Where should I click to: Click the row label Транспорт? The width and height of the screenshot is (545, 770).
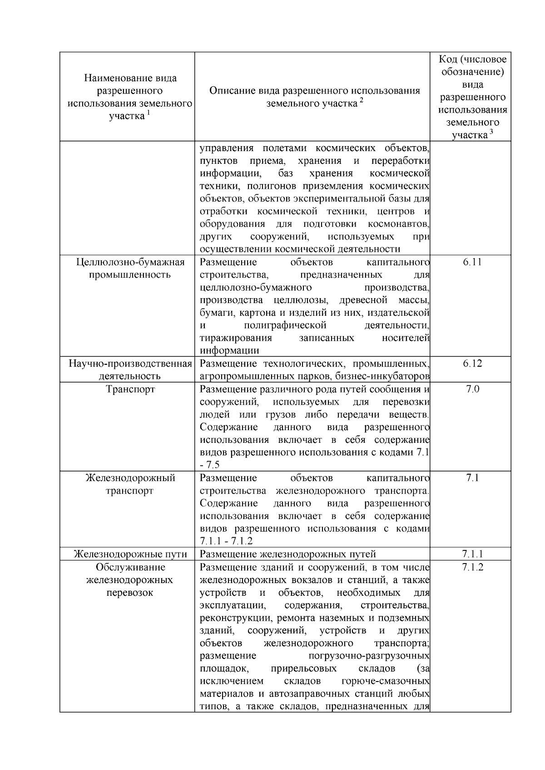tap(130, 389)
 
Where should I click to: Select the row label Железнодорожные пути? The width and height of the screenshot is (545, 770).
tap(130, 554)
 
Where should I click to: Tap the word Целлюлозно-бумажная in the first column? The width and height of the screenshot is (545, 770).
tap(130, 262)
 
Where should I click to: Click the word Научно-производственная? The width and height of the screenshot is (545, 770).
tap(130, 363)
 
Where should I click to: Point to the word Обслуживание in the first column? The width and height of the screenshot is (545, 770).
tap(130, 567)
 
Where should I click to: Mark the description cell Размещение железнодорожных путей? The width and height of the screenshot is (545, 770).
tap(288, 554)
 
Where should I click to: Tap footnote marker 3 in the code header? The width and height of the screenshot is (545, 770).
tap(491, 132)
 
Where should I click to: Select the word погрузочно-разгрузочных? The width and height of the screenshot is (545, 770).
tap(369, 656)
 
